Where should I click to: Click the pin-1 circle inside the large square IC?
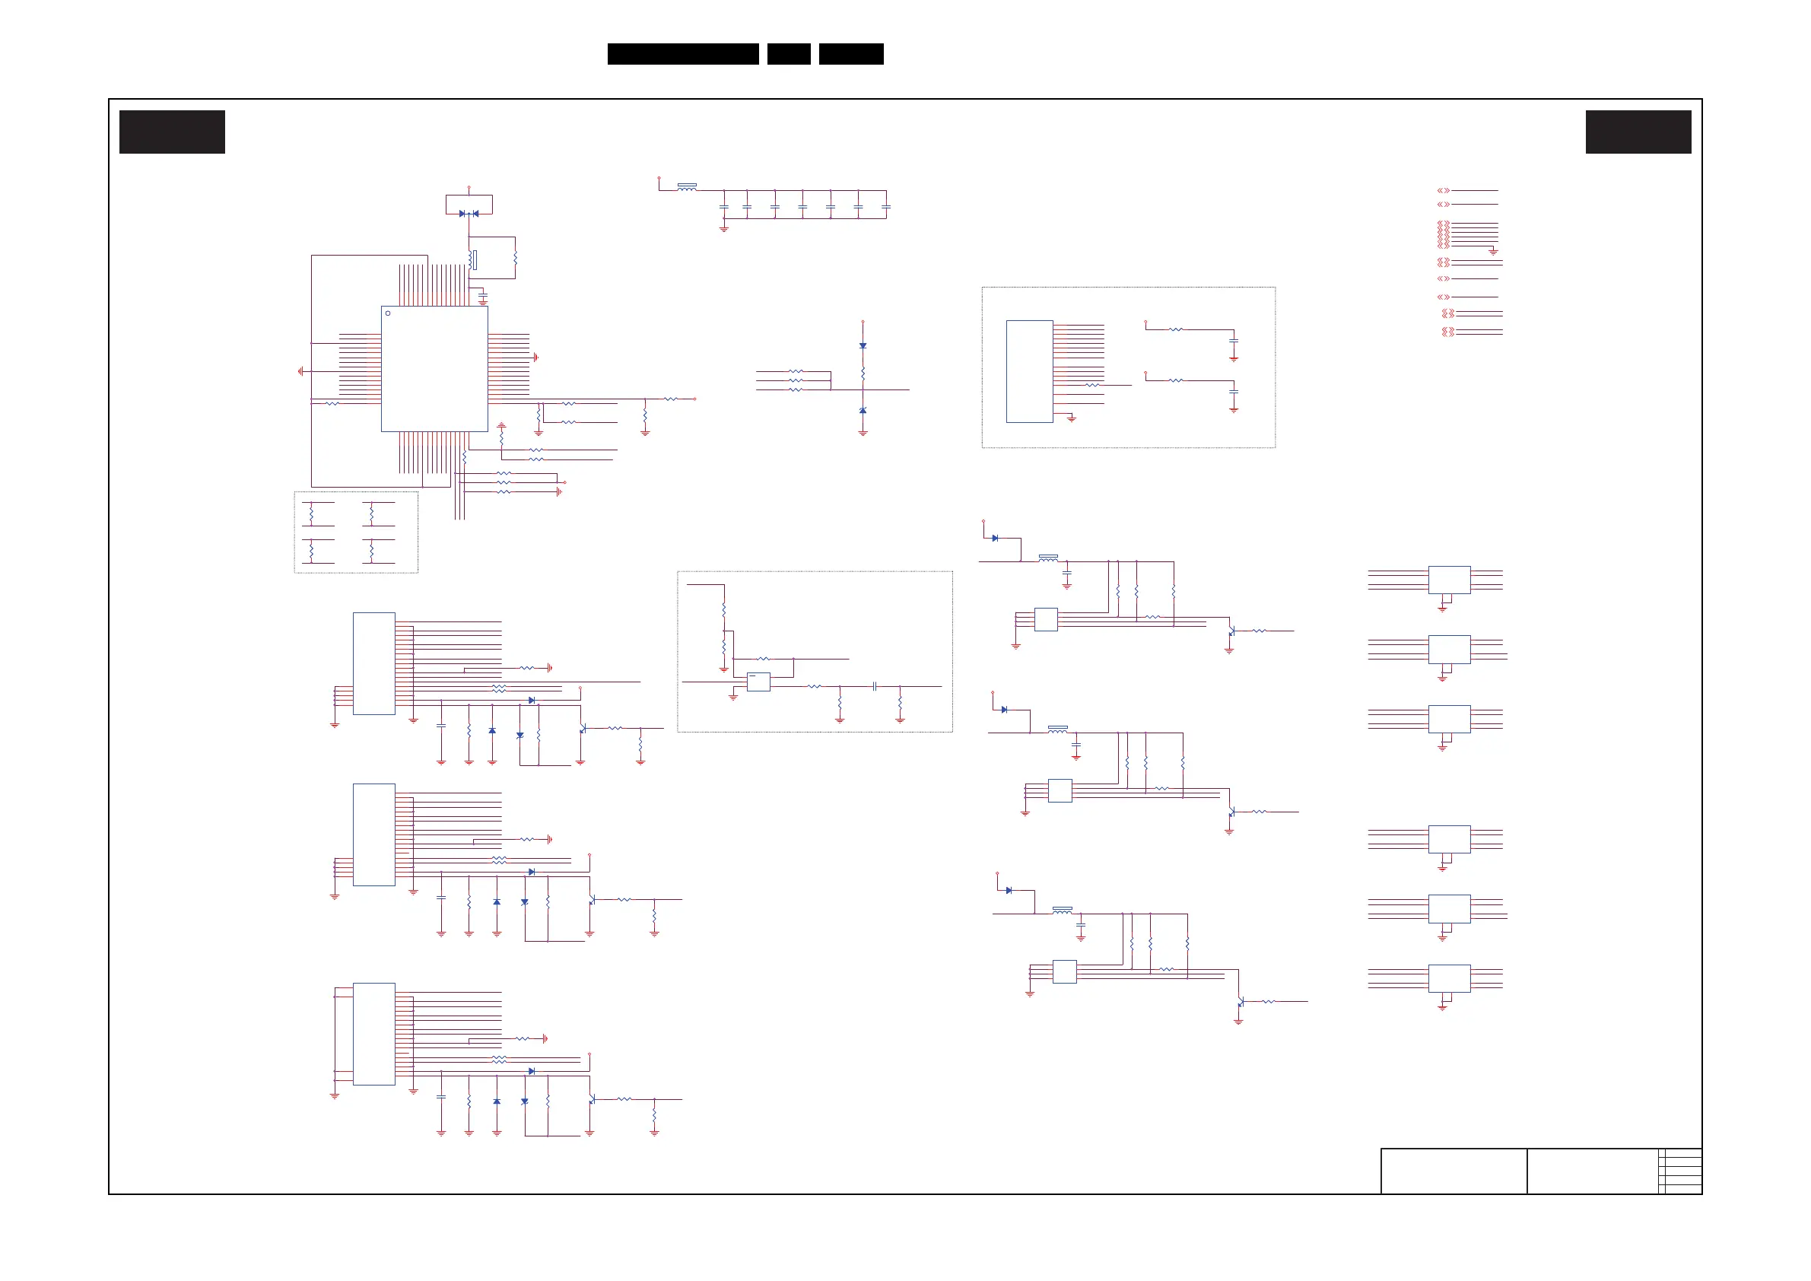click(x=387, y=313)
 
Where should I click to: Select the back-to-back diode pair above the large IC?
click(x=469, y=214)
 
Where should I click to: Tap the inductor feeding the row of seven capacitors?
click(x=687, y=188)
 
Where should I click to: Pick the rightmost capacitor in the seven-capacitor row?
click(x=886, y=207)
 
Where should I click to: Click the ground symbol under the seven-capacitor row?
click(x=723, y=229)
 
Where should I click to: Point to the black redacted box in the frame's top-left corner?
click(x=172, y=132)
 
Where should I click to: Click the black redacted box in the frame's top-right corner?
click(x=1638, y=132)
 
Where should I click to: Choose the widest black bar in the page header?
click(x=683, y=54)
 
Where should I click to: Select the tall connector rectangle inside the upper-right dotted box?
click(x=1029, y=371)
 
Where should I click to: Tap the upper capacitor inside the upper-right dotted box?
click(x=1234, y=341)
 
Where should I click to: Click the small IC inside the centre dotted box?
click(x=758, y=682)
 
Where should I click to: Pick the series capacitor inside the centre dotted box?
click(x=875, y=686)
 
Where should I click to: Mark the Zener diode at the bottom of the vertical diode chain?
click(x=863, y=411)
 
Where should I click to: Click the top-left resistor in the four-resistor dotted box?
click(x=312, y=513)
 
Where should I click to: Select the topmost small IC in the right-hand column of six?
click(x=1449, y=580)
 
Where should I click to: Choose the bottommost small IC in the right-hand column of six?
click(x=1449, y=978)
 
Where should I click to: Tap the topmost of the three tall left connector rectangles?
click(x=374, y=663)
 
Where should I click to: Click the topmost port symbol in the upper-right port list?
click(x=1444, y=191)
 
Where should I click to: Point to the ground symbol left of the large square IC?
click(x=300, y=370)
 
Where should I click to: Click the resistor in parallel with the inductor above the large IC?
click(x=515, y=258)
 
